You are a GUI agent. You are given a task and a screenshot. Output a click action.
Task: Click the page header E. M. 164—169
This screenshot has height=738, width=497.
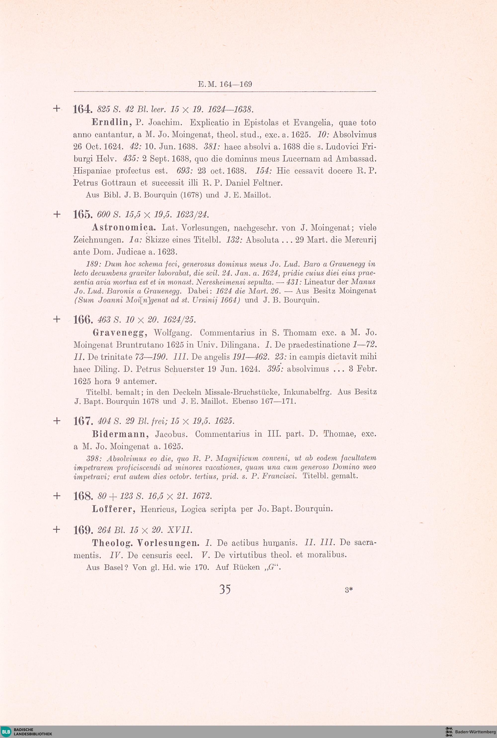(225, 84)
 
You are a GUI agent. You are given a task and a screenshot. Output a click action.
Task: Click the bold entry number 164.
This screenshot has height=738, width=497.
(83, 110)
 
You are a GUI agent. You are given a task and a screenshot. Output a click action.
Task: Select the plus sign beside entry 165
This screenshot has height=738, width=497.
(57, 214)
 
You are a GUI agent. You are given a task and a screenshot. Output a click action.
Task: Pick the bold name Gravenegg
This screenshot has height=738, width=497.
(120, 333)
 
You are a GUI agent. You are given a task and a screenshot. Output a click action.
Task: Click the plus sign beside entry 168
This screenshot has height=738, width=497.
(57, 496)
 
